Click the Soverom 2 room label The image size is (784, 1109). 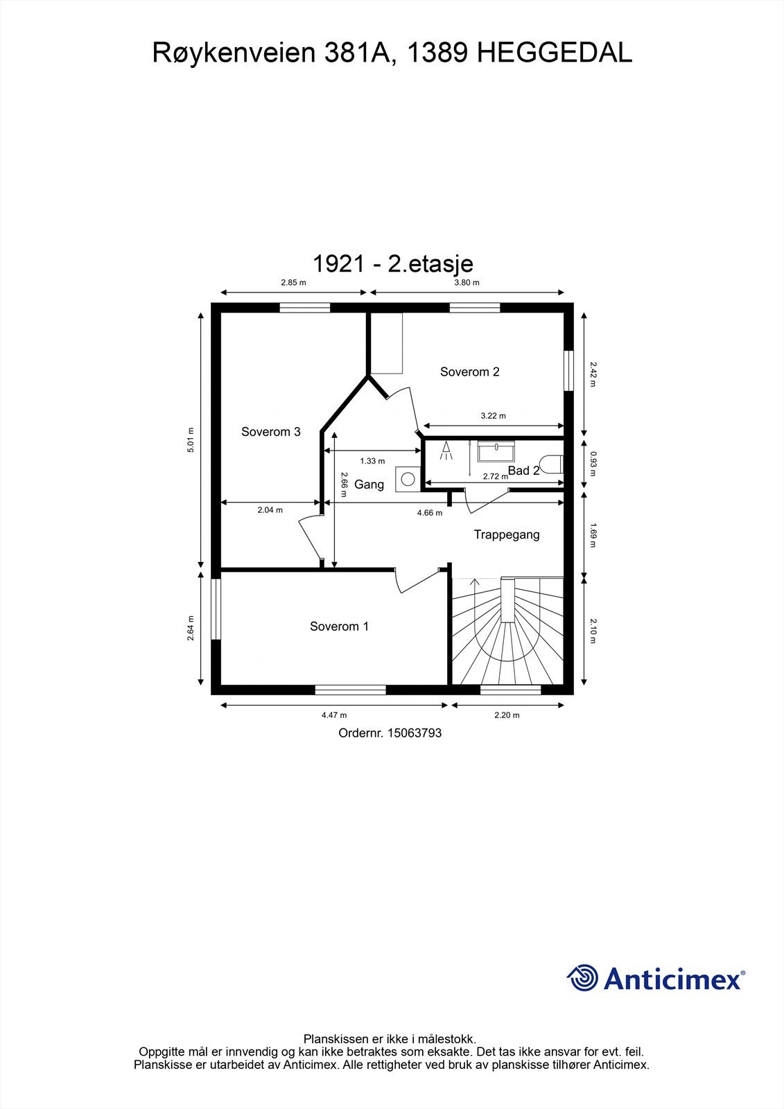469,372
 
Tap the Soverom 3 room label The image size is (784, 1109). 270,432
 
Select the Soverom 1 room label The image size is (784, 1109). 339,627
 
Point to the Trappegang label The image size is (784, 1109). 506,534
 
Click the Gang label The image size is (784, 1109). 369,484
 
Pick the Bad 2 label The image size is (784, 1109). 523,471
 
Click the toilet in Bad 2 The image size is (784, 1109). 552,464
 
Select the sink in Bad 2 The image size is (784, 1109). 496,451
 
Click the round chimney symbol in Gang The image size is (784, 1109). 408,479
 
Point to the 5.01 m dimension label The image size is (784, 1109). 191,440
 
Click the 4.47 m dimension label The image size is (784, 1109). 334,715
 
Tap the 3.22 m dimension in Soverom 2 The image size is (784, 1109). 493,416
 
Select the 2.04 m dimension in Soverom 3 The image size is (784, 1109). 270,510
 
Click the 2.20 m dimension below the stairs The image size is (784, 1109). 507,715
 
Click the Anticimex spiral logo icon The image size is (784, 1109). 583,979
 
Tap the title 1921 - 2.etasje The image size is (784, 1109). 392,263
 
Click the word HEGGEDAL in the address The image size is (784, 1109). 555,53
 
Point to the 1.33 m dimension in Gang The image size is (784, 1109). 372,461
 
